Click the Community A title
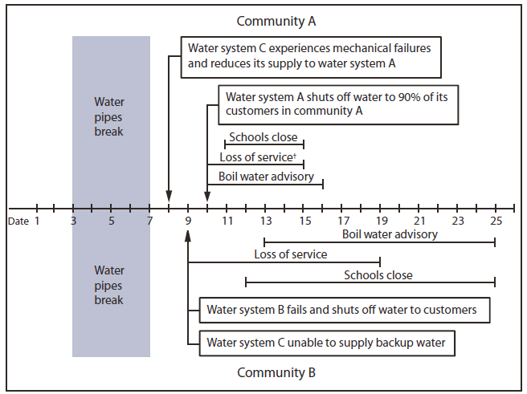coord(276,21)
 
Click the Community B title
coord(276,372)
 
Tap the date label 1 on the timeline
coord(36,220)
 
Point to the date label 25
coord(496,220)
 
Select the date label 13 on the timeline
coord(265,220)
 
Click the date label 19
coord(381,220)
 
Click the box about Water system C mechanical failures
coord(309,56)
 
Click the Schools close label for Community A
coord(263,137)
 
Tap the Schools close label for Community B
coord(378,275)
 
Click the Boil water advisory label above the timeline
coord(266,176)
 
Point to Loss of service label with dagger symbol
coord(259,157)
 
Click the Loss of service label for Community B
coord(291,254)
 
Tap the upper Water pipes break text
coord(110,116)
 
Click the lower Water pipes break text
coord(110,285)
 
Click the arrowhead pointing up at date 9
coord(188,234)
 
